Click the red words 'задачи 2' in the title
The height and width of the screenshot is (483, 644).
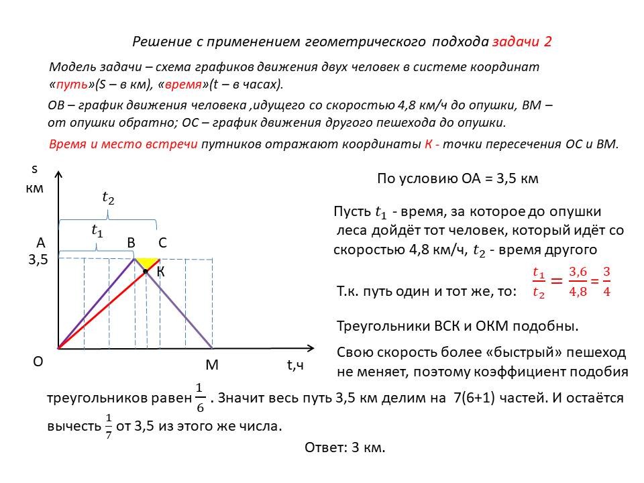tap(522, 42)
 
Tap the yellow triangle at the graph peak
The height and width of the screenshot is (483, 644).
tap(148, 262)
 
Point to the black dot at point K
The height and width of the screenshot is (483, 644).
tap(146, 271)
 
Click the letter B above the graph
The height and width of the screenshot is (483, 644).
tap(131, 243)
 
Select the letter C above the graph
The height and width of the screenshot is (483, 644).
tap(162, 243)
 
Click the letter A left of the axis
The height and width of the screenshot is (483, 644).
tap(41, 243)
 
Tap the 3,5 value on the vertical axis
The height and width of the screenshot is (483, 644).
tap(39, 260)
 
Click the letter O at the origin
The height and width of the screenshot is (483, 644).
tap(38, 362)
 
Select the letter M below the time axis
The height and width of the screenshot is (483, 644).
tap(212, 366)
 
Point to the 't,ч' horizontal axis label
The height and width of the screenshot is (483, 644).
tap(295, 366)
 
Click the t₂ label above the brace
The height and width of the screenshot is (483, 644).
tap(108, 197)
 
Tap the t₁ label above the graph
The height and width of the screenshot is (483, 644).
tap(97, 229)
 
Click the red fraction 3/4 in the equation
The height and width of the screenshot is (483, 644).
tap(606, 282)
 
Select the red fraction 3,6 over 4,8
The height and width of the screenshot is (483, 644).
tap(578, 282)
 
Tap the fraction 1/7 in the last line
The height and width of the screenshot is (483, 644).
tap(108, 425)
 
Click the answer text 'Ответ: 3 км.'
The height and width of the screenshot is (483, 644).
tap(345, 447)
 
